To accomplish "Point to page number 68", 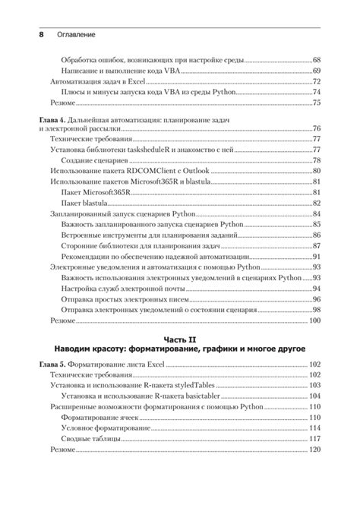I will click(317, 58).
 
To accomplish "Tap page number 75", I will click(317, 103).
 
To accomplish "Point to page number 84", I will click(317, 214).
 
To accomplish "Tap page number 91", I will click(317, 257).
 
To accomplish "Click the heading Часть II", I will click(179, 338).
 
